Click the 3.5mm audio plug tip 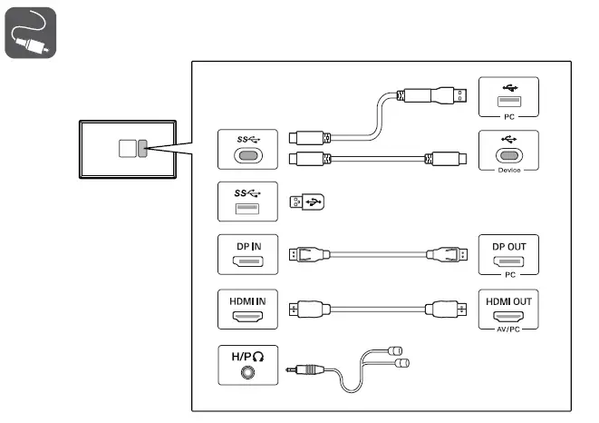pyautogui.click(x=289, y=369)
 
